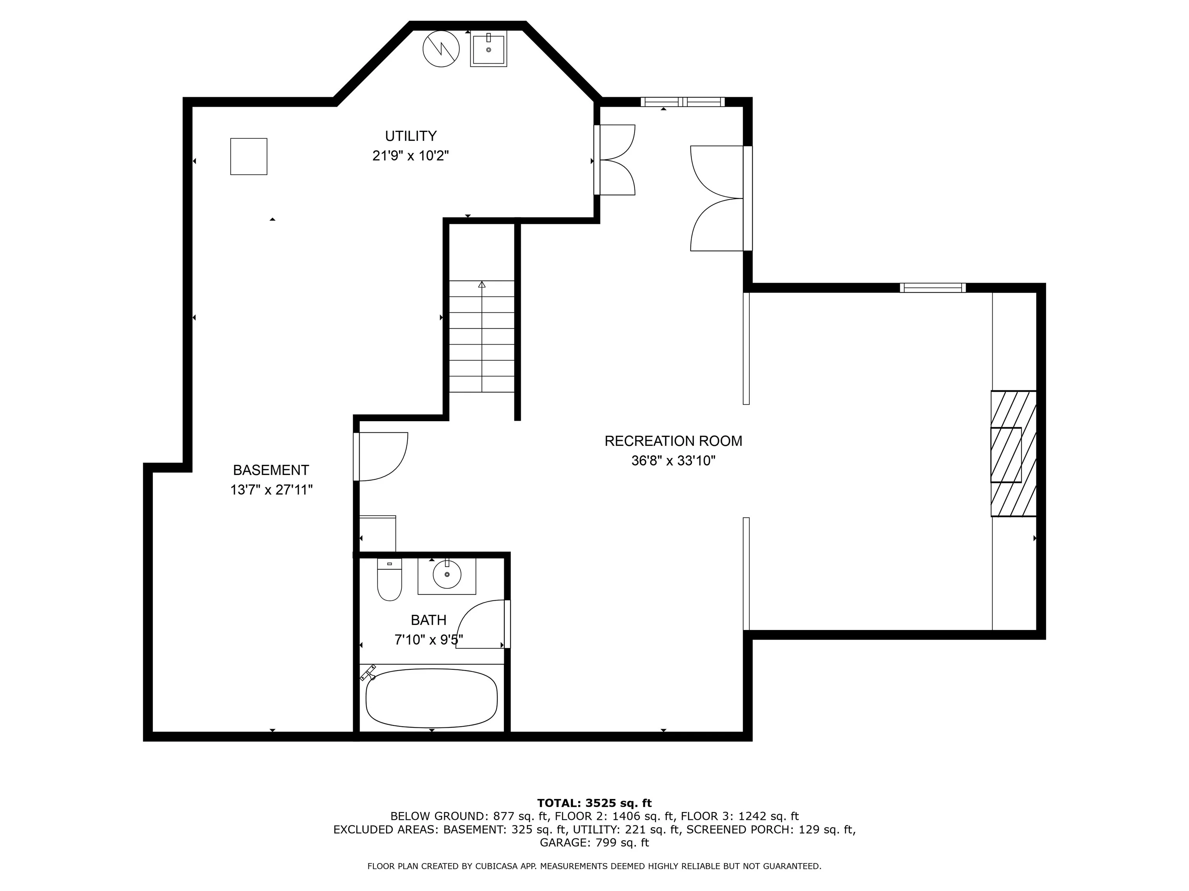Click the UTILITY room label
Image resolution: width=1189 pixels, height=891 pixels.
tap(411, 136)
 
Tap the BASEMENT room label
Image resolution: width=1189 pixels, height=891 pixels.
tap(271, 470)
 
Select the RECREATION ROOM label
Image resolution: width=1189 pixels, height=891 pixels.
tap(673, 441)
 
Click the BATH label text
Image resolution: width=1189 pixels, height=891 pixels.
tap(428, 620)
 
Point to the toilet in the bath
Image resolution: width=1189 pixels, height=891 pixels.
tap(389, 580)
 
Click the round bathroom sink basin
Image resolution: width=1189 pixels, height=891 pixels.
tap(447, 574)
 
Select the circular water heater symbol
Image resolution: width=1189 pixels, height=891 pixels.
tap(441, 49)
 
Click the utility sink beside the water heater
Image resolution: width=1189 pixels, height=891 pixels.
tap(488, 49)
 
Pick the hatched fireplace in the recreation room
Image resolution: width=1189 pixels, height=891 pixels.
tap(1013, 454)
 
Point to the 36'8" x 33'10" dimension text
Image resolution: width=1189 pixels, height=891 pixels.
tap(673, 461)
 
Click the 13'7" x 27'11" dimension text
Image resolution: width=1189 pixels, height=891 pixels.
tap(271, 490)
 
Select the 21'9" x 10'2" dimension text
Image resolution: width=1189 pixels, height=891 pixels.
tap(411, 156)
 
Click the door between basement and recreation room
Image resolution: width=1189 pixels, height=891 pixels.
tap(380, 456)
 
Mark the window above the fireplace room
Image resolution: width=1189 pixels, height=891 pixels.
tap(933, 288)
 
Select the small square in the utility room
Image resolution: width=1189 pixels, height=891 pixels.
tap(249, 156)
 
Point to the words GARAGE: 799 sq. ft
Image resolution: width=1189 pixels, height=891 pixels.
tap(594, 843)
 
